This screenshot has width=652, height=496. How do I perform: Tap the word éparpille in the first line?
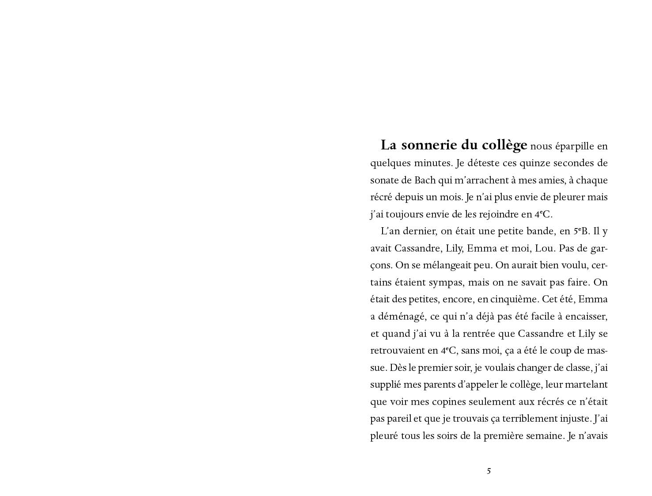(568, 146)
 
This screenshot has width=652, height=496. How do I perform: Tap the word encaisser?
(586, 317)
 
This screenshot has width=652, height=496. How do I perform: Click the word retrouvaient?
(397, 351)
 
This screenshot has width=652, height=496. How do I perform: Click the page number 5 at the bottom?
(489, 471)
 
